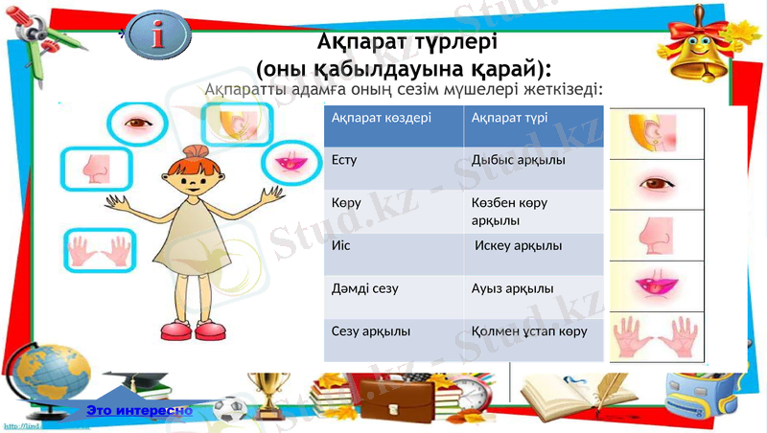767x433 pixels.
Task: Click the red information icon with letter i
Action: pyautogui.click(x=171, y=35)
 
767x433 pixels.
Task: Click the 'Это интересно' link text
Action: pyautogui.click(x=139, y=410)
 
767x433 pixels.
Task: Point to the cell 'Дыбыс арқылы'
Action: pyautogui.click(x=518, y=159)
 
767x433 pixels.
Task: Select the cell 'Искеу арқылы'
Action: pyautogui.click(x=519, y=246)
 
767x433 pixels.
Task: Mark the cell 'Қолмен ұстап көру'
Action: pyautogui.click(x=529, y=330)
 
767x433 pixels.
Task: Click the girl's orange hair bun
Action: pyautogui.click(x=196, y=151)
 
